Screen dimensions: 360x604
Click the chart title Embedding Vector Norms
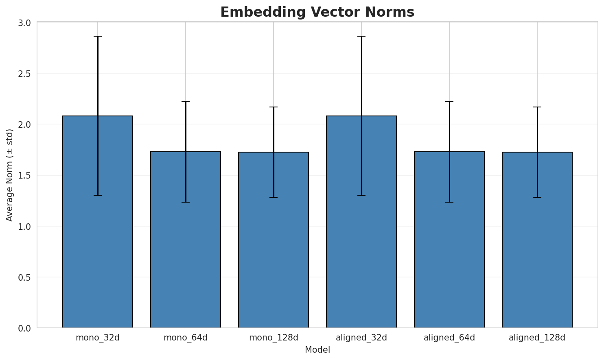point(317,12)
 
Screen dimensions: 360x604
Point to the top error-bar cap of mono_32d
point(98,36)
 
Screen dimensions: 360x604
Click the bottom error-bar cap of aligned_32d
point(361,195)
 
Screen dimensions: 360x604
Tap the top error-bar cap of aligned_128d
point(537,107)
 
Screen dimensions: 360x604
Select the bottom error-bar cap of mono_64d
point(186,202)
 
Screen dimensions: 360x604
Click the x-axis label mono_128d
point(274,338)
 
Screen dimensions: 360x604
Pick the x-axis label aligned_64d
point(449,338)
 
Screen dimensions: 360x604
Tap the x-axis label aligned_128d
point(537,338)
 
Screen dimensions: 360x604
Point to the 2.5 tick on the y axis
point(25,74)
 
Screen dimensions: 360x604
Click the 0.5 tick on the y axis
point(25,277)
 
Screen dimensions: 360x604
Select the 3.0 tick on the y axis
point(25,23)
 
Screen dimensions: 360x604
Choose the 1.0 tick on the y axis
point(25,227)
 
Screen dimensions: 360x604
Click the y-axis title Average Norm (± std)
point(10,175)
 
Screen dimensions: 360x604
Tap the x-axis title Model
point(317,350)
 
